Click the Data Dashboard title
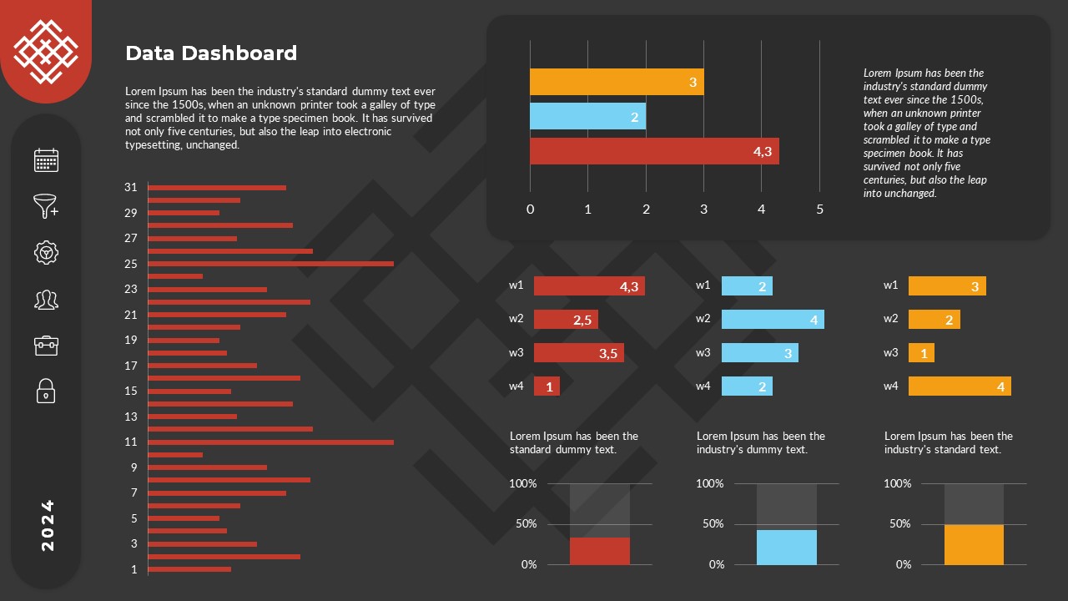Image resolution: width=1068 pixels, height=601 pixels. pyautogui.click(x=211, y=53)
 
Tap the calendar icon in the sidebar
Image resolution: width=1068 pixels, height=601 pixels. pyautogui.click(x=46, y=160)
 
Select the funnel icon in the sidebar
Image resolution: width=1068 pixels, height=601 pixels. pyautogui.click(x=46, y=206)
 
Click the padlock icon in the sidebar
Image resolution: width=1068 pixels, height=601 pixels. pyautogui.click(x=46, y=390)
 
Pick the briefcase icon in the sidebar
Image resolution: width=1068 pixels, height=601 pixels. pyautogui.click(x=46, y=345)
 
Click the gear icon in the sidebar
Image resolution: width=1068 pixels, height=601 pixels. pyautogui.click(x=46, y=252)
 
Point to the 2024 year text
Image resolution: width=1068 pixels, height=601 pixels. pyautogui.click(x=48, y=525)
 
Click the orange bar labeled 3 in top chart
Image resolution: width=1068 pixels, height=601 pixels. pyautogui.click(x=616, y=82)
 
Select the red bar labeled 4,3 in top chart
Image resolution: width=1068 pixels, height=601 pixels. pyautogui.click(x=653, y=151)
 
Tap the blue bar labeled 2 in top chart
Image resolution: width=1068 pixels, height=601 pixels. pyautogui.click(x=587, y=117)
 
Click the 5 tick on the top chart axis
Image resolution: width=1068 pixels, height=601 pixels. pyautogui.click(x=819, y=210)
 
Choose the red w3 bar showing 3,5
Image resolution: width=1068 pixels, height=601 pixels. pyautogui.click(x=578, y=353)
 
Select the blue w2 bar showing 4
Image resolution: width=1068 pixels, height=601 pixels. pyautogui.click(x=772, y=319)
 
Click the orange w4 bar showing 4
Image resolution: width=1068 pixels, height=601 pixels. pyautogui.click(x=959, y=386)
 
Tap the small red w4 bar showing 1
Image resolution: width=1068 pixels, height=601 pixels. pyautogui.click(x=547, y=386)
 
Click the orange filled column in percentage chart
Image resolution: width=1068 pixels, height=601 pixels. pyautogui.click(x=974, y=544)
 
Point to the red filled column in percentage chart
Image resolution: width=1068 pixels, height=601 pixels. pyautogui.click(x=599, y=551)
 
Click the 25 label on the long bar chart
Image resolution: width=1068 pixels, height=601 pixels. pyautogui.click(x=131, y=264)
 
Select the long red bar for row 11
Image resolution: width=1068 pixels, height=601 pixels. pyautogui.click(x=270, y=442)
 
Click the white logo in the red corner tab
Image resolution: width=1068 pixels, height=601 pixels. pyautogui.click(x=45, y=52)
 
